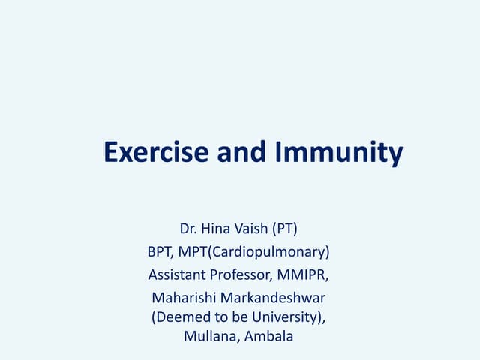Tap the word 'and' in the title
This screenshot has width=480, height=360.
[x=241, y=152]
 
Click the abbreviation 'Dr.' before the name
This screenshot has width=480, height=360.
[x=189, y=227]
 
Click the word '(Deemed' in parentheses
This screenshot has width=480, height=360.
[x=177, y=316]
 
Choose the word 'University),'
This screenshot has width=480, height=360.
[x=291, y=316]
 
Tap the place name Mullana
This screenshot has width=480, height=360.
[x=211, y=337]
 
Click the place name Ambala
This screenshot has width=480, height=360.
[x=269, y=337]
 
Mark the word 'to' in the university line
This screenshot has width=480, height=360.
[x=214, y=316]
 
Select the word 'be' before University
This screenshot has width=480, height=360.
[x=235, y=316]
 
